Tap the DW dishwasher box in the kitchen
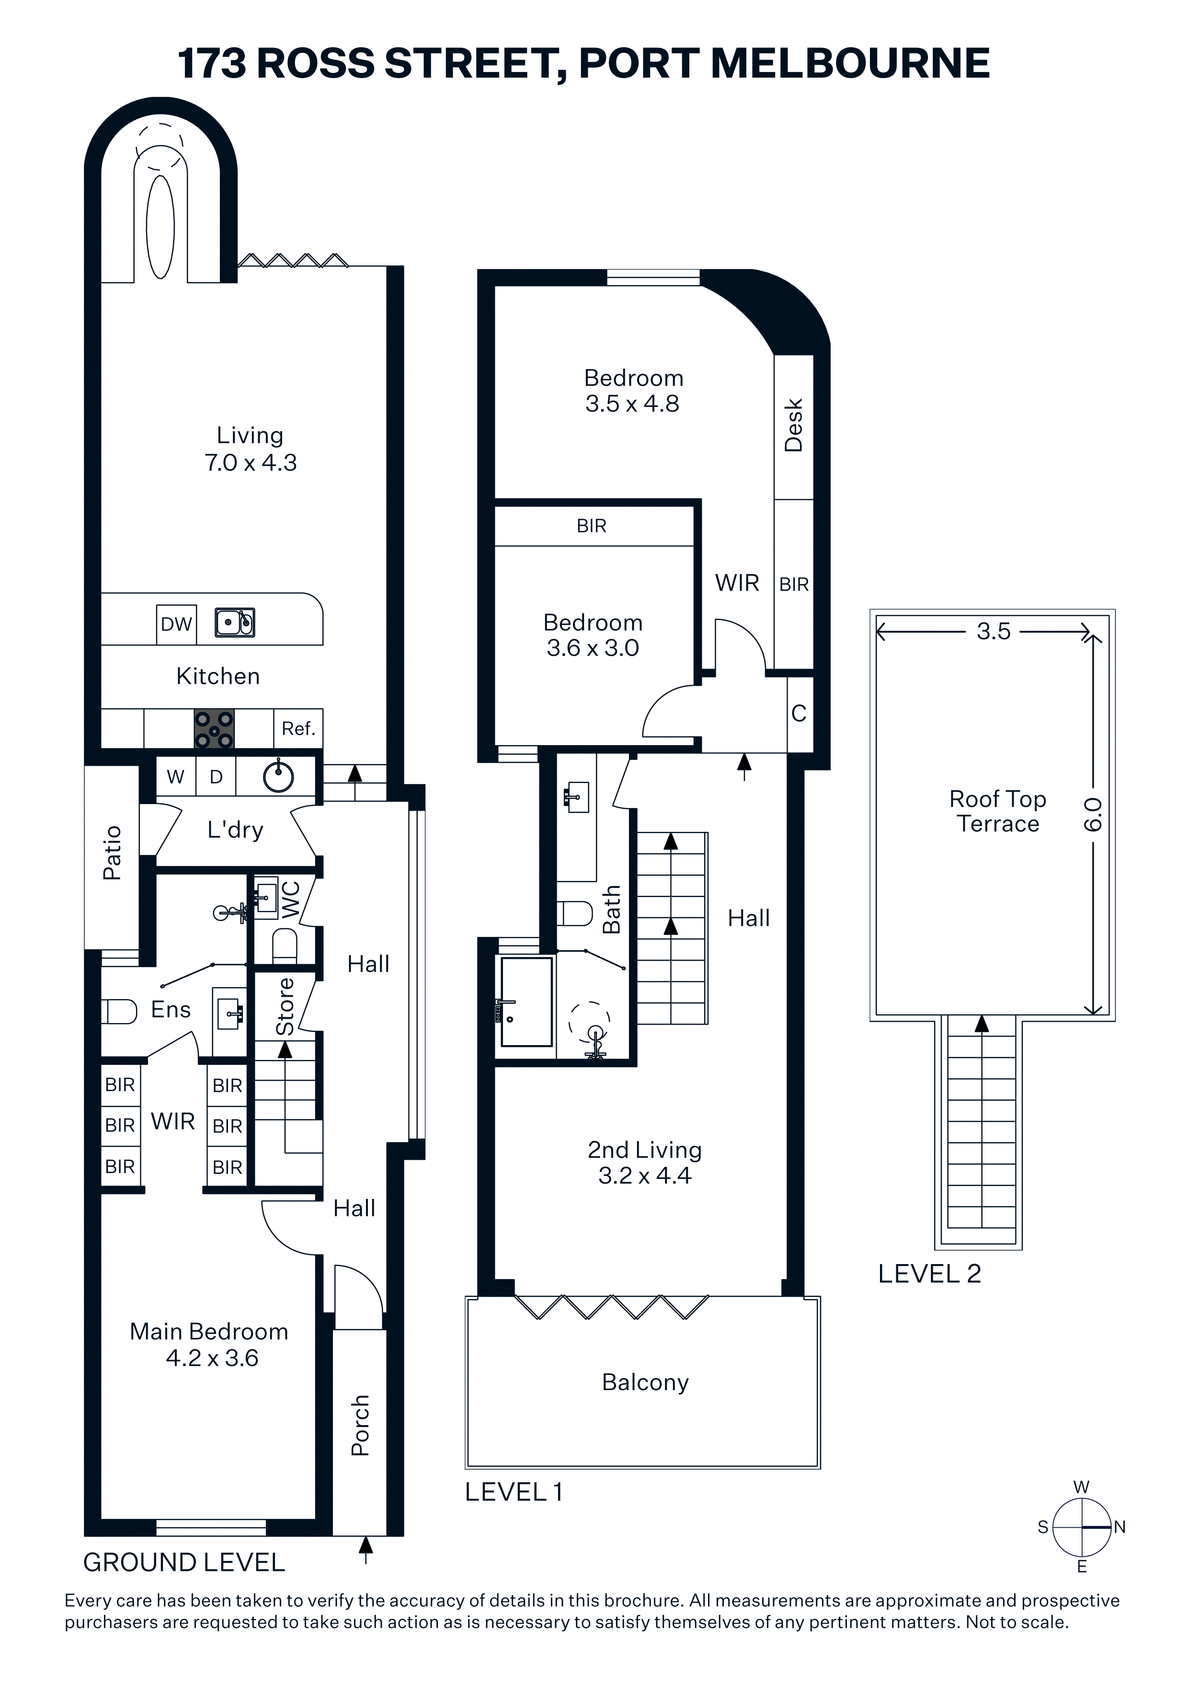176,624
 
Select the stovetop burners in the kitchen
214,728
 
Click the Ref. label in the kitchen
298,728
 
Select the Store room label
285,1007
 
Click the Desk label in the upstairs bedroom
793,426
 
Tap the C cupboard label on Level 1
799,713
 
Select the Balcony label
645,1382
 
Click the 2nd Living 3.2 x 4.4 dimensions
645,1163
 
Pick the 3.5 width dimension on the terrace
994,631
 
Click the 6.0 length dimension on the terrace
1092,815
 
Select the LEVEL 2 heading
929,1274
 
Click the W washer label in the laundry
176,777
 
